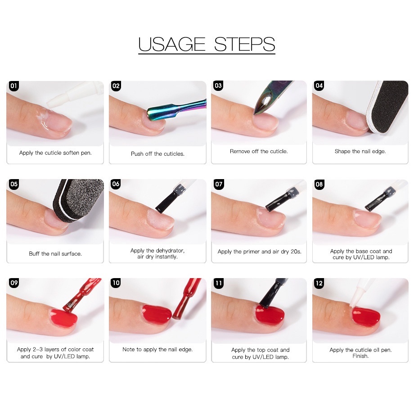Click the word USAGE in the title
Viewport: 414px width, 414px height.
171,44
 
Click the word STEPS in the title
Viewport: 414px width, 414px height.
244,44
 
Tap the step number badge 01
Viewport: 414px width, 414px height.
13,86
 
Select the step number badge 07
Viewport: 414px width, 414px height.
219,184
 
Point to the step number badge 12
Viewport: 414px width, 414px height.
319,283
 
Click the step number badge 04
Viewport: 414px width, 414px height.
319,85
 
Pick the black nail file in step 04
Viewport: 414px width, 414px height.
387,107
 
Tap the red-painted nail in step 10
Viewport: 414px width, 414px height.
157,314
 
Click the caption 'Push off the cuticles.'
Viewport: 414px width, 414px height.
157,153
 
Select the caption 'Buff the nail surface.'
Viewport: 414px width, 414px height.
55,254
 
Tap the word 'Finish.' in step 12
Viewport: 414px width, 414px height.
360,356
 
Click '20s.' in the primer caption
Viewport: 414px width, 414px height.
296,252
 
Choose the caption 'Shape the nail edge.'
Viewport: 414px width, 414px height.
360,151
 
